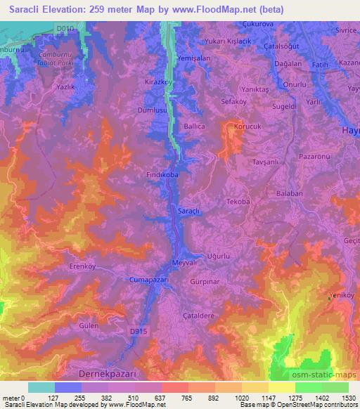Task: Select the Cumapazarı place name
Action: pos(148,279)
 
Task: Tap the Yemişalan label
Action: pos(194,60)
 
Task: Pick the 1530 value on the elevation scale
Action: pos(348,398)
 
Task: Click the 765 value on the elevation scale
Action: pos(169,398)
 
